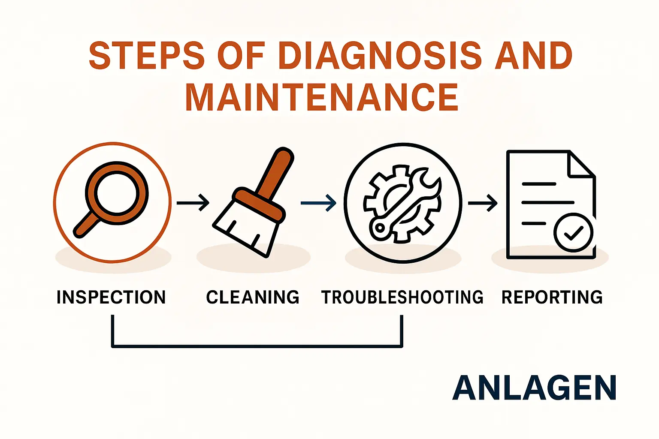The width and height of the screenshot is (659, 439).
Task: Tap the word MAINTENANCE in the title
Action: pos(322,97)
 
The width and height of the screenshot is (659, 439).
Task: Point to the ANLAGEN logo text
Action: pos(534,387)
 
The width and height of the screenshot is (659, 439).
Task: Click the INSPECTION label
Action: pos(111,297)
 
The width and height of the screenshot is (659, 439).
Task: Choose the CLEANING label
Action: pos(253,297)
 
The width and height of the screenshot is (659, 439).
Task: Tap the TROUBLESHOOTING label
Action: pos(402,297)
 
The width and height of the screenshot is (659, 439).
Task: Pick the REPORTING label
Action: pos(552,297)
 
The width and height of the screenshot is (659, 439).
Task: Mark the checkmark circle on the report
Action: pos(573,233)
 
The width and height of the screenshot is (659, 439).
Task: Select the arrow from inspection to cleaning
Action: pos(193,203)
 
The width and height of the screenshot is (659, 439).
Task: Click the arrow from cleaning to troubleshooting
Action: pos(318,203)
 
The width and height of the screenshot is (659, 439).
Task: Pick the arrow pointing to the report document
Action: pos(483,203)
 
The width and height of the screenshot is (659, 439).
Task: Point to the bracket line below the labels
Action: pos(257,346)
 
